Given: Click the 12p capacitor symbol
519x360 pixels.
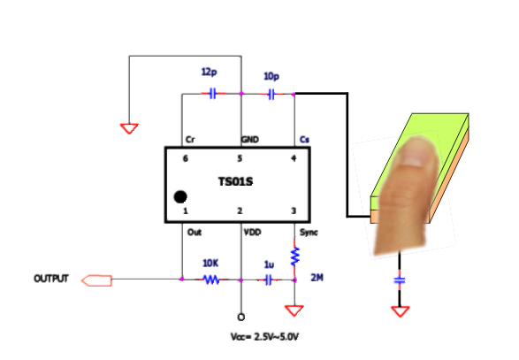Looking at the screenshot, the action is (x=213, y=94).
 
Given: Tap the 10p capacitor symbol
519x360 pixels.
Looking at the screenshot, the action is (x=271, y=95).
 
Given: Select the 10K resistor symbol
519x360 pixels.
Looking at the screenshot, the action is (x=211, y=280).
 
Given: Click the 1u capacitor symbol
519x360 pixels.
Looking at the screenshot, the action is (x=269, y=280).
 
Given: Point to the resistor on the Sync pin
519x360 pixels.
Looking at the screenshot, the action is (x=294, y=256).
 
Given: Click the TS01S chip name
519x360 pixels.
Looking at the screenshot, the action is (x=235, y=181).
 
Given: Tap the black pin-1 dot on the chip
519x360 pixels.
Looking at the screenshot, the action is (x=180, y=196).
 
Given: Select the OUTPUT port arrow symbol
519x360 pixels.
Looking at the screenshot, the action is (x=96, y=280).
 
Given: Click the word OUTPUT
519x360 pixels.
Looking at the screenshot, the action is (x=51, y=279).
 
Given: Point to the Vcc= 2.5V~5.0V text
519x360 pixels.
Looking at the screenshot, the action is (x=264, y=337).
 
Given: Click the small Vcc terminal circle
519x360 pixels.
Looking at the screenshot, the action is (x=241, y=318).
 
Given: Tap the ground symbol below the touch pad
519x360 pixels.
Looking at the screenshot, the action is (x=401, y=311).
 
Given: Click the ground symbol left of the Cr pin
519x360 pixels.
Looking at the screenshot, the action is (x=129, y=128).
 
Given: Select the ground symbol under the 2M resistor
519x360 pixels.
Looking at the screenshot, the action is (x=294, y=310).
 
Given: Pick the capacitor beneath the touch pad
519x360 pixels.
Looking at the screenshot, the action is (x=400, y=281).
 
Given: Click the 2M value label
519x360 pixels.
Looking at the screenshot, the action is (x=317, y=278).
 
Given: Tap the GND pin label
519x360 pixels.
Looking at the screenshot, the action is (x=250, y=140).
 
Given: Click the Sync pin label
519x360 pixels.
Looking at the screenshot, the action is (x=309, y=233).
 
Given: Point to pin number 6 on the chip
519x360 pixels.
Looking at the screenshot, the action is (x=186, y=158).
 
